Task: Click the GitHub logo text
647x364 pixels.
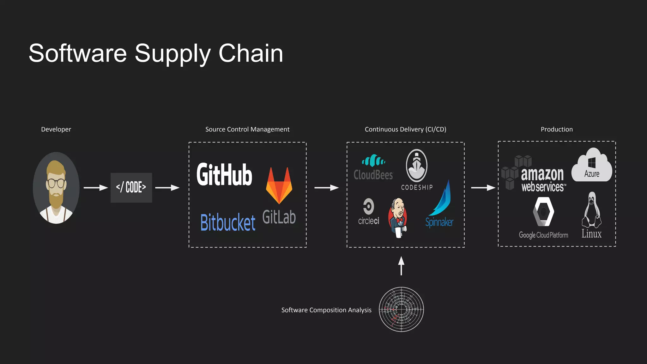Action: click(x=224, y=174)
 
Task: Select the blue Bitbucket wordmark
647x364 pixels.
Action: click(x=228, y=222)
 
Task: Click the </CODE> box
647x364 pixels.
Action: click(x=131, y=187)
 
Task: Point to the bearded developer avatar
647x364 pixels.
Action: click(x=56, y=188)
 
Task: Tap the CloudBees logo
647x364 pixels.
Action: click(x=373, y=168)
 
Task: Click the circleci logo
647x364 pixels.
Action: click(x=368, y=212)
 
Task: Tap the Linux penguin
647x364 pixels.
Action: click(x=592, y=211)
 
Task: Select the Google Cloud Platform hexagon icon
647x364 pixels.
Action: click(x=543, y=212)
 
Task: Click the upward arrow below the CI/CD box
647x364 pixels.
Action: click(x=401, y=265)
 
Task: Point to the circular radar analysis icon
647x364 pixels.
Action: click(x=401, y=309)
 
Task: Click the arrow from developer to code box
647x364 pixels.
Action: click(x=96, y=188)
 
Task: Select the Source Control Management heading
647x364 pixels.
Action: click(x=247, y=129)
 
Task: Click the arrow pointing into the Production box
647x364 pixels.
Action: click(x=483, y=188)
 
